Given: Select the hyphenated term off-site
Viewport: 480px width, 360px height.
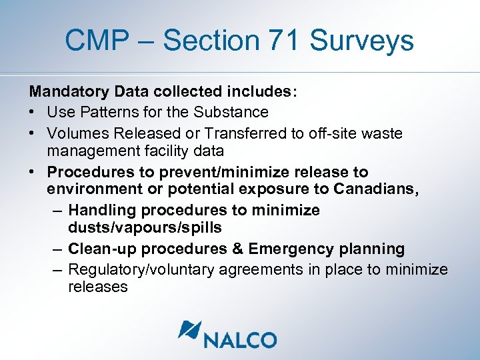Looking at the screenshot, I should coord(327,133).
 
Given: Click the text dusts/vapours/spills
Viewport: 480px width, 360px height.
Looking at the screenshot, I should coord(145,227).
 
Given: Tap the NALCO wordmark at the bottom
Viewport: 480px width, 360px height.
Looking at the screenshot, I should coord(240,340).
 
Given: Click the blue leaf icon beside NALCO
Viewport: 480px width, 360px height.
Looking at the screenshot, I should coord(189,332).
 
